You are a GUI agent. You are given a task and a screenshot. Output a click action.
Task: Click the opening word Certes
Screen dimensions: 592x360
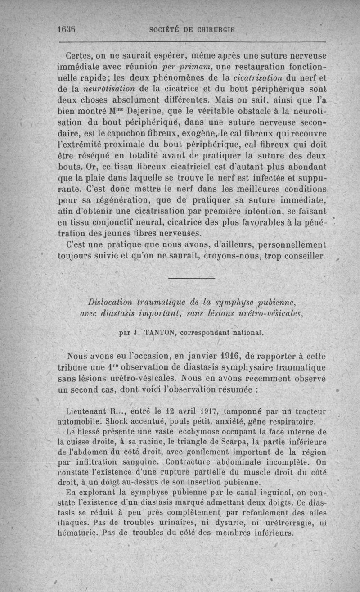(80, 56)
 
